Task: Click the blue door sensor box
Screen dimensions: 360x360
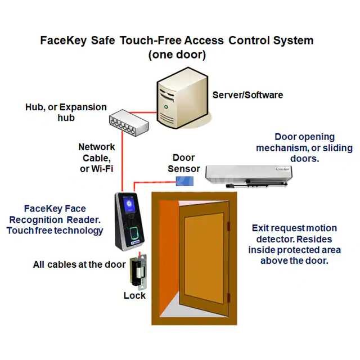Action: (x=184, y=181)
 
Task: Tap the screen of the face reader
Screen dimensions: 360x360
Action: (x=127, y=204)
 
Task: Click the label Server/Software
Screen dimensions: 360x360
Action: (x=247, y=94)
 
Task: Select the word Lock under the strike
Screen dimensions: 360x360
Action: (x=134, y=295)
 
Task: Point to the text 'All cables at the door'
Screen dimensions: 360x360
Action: (x=71, y=264)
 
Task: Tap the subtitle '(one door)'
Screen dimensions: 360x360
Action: (x=177, y=55)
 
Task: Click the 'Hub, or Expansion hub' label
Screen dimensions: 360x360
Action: (x=66, y=112)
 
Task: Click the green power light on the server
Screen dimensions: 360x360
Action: (x=166, y=105)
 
